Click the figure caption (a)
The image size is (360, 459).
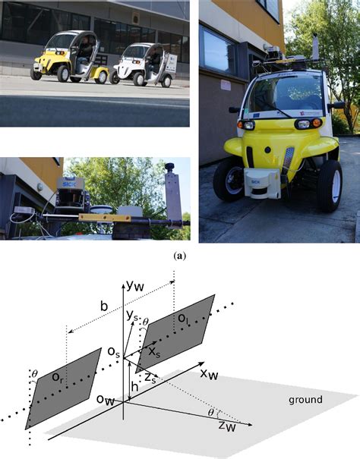[180, 256]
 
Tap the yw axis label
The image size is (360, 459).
[137, 286]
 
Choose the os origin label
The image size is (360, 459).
[112, 351]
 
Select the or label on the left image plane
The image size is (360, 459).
[57, 376]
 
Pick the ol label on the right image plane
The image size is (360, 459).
[175, 325]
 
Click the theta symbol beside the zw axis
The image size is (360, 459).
[211, 413]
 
